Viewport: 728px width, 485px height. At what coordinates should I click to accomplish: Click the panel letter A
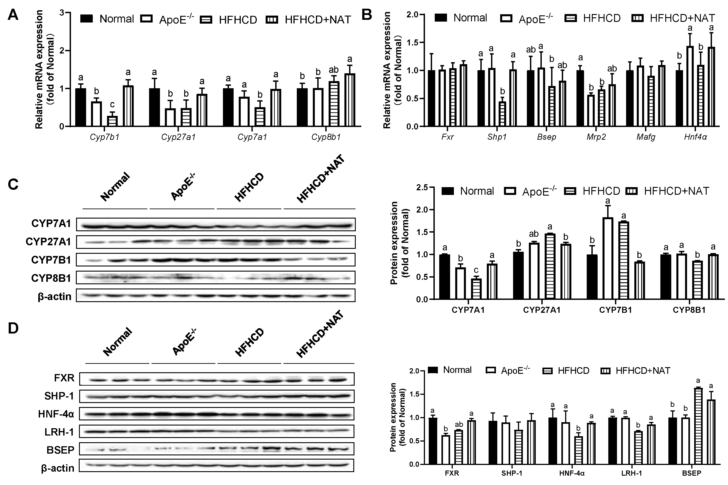tap(13, 15)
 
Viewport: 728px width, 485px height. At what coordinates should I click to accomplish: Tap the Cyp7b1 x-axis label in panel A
tap(104, 137)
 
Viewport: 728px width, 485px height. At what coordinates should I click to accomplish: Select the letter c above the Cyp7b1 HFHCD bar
tap(112, 104)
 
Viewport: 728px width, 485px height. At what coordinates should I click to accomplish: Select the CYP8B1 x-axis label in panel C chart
tap(689, 310)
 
